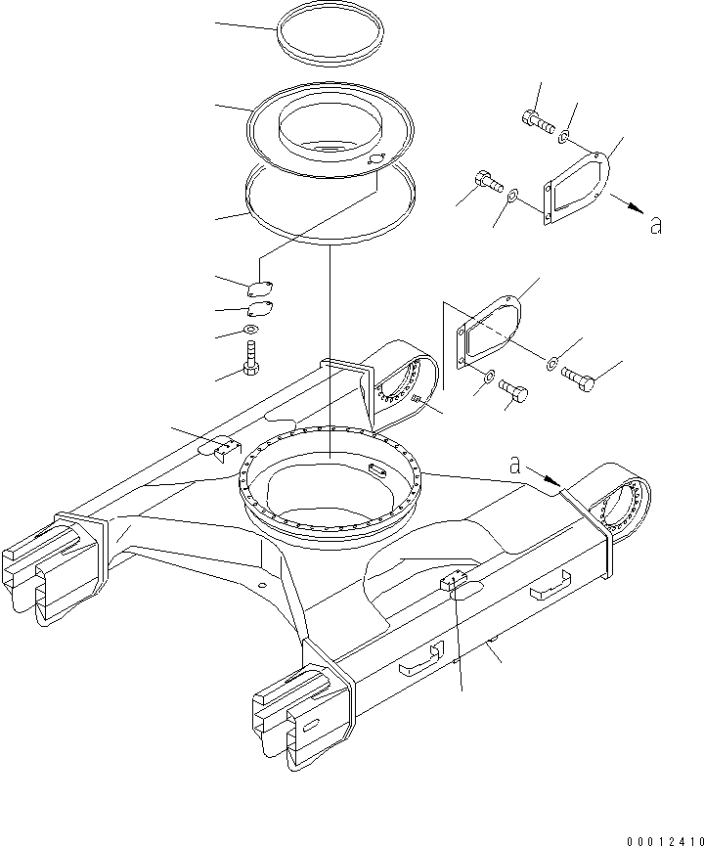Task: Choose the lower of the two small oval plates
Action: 259,310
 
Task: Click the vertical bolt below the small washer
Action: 251,357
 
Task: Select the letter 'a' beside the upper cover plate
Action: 655,225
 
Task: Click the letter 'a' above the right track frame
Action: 514,466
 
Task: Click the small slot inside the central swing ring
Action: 377,470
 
